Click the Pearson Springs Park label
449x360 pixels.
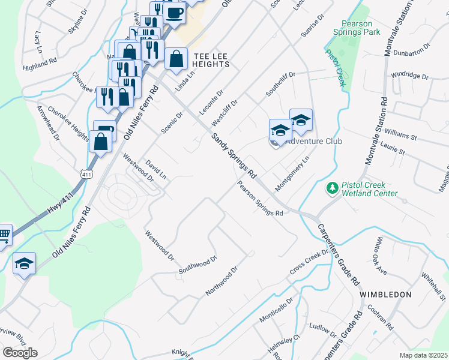[x=361, y=28]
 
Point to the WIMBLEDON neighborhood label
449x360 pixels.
[x=385, y=295]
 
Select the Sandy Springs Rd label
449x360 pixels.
[x=234, y=155]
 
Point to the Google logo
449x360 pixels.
[x=20, y=352]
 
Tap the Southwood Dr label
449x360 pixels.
[x=197, y=267]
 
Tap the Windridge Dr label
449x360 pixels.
[x=409, y=77]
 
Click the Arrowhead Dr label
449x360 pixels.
[x=49, y=123]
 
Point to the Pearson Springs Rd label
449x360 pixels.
[x=259, y=199]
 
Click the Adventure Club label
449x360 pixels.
[x=313, y=142]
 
